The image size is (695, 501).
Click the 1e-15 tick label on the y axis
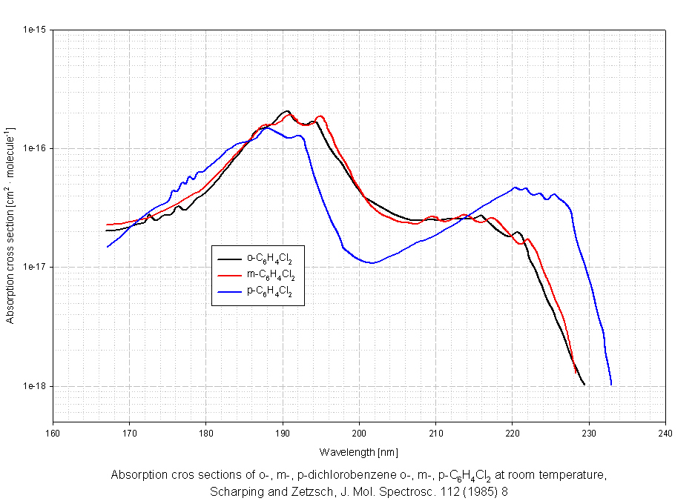pos(36,30)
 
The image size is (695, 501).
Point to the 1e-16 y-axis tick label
pos(36,149)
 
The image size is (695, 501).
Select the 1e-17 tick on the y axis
pos(36,268)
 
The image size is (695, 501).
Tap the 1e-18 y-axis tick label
pos(36,386)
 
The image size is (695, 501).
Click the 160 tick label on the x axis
pos(53,434)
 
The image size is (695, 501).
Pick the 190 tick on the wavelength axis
pos(283,434)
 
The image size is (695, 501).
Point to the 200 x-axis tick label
pos(359,434)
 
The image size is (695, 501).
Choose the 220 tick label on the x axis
pos(513,434)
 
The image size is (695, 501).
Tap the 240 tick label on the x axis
pos(665,434)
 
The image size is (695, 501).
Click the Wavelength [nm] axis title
pos(359,452)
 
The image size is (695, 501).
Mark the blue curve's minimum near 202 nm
pos(372,262)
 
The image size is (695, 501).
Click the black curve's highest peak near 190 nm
pos(287,111)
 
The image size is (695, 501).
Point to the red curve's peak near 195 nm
pos(320,116)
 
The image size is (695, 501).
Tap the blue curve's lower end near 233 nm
pos(611,384)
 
